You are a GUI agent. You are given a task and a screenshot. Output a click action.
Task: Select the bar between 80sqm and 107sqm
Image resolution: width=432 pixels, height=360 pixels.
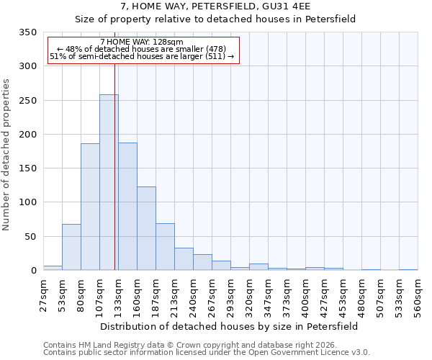90,207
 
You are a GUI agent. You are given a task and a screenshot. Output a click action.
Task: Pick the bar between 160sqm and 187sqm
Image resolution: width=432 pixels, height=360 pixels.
146,228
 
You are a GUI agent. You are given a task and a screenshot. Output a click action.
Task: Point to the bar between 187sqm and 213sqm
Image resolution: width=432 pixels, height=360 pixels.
165,247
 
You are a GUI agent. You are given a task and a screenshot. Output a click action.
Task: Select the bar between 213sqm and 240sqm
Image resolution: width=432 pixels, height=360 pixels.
184,258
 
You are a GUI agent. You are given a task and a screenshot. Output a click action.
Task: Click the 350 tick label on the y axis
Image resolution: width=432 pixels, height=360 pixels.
27,32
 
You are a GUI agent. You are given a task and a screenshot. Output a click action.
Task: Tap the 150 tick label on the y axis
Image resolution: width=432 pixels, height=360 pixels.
27,168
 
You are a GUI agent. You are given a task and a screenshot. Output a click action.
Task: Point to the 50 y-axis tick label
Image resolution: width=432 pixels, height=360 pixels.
30,236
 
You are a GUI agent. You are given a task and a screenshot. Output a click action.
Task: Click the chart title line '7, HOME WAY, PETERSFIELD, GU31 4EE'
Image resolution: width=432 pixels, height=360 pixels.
215,6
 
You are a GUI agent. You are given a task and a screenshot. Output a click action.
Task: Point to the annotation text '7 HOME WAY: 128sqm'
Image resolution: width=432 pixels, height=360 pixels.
142,42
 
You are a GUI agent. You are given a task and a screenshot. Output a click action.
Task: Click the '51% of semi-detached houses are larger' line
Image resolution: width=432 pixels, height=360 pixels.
142,57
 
